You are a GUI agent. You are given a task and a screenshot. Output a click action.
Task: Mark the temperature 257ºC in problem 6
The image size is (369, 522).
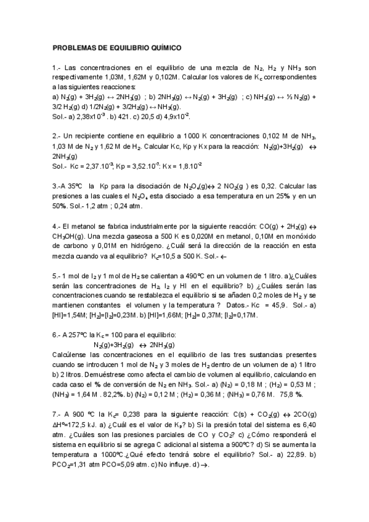pyautogui.click(x=78, y=335)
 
